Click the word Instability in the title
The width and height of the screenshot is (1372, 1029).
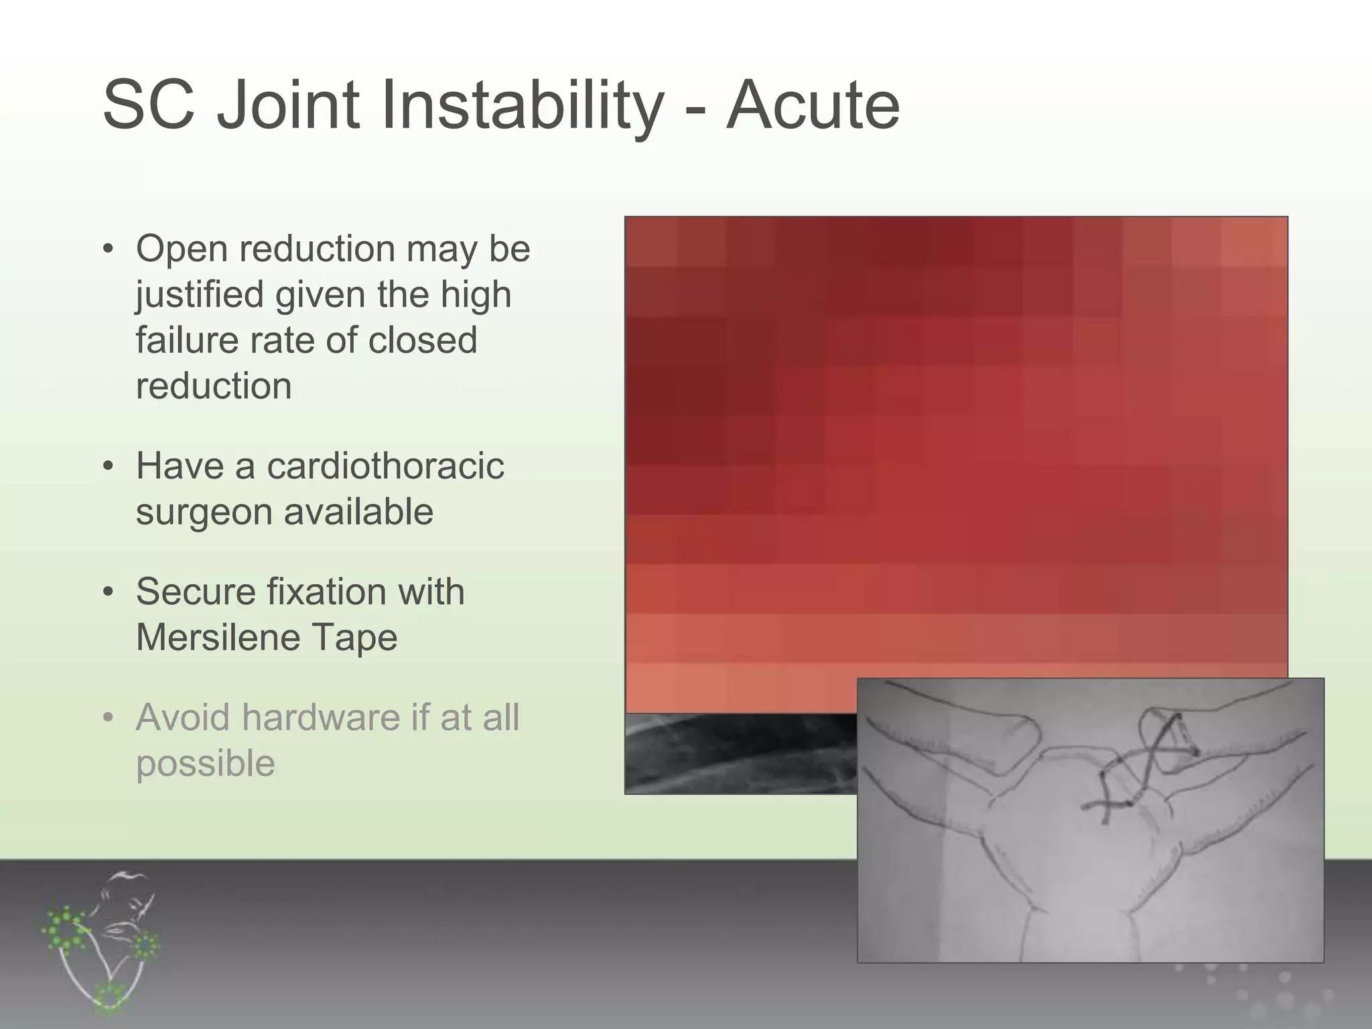[x=523, y=106]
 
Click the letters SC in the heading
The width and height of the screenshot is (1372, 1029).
[x=148, y=106]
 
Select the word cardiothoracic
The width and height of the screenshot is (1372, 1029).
[x=385, y=466]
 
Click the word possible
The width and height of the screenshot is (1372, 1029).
[x=205, y=764]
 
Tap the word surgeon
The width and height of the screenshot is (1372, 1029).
[x=204, y=512]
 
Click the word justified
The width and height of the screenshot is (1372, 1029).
[x=200, y=295]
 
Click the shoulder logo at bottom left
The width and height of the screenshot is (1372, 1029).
[x=100, y=941]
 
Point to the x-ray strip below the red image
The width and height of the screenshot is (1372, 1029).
[x=737, y=754]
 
